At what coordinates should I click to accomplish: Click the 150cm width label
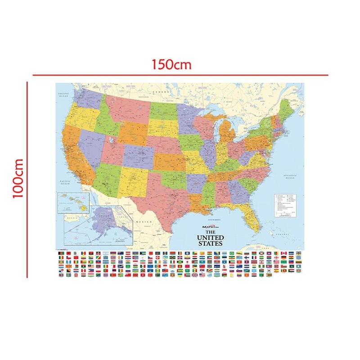[x=171, y=64]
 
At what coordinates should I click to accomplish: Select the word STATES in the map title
[x=211, y=243]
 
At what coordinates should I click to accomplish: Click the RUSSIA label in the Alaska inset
[x=70, y=217]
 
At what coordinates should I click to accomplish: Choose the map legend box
[x=287, y=205]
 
